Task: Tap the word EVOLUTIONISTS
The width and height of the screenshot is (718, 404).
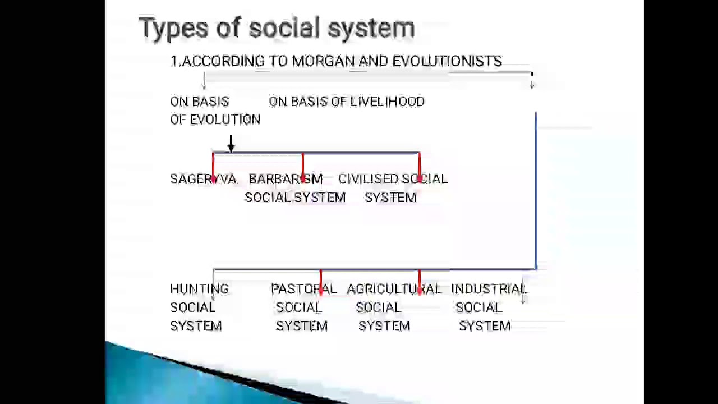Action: [447, 61]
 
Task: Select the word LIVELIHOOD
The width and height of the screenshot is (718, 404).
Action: [387, 102]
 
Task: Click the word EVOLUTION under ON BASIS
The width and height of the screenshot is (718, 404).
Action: [225, 120]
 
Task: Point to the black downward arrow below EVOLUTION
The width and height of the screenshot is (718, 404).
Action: [231, 144]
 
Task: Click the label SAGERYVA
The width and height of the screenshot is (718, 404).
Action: [203, 179]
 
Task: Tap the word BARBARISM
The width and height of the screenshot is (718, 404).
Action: [286, 179]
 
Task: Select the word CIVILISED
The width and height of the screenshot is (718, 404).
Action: [368, 179]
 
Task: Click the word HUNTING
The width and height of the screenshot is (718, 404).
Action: [199, 289]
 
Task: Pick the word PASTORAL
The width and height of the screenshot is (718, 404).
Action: [303, 289]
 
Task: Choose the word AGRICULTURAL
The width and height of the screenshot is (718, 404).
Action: [394, 289]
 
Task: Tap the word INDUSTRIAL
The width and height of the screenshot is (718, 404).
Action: [489, 289]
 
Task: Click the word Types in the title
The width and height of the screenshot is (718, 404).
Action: [174, 28]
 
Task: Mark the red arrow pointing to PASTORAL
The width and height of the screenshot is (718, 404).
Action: [321, 282]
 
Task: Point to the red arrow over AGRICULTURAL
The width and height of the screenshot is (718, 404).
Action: [420, 282]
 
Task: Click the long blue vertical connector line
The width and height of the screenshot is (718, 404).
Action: [536, 191]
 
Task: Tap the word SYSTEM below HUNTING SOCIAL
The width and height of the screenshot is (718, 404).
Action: [196, 326]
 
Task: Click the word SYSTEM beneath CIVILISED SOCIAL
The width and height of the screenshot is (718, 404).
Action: [390, 198]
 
